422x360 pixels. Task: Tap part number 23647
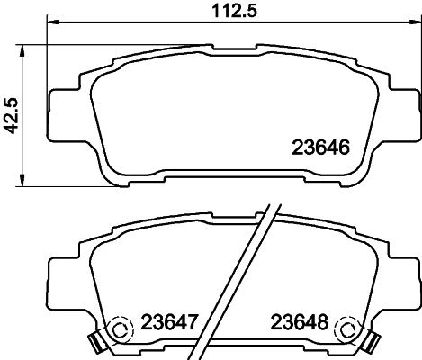pos(170,321)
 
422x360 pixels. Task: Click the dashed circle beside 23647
pos(117,328)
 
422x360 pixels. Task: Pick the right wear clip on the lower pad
pos(369,341)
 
